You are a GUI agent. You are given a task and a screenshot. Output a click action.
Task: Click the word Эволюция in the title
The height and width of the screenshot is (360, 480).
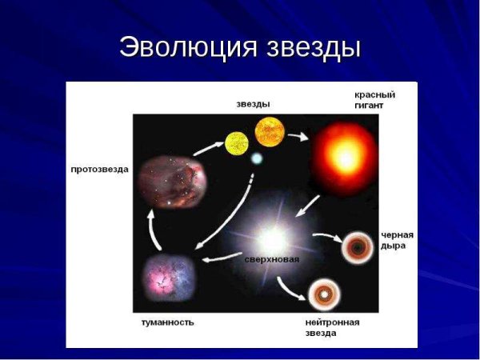[x=186, y=46]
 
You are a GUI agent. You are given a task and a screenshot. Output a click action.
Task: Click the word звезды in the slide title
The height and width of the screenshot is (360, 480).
[x=313, y=46]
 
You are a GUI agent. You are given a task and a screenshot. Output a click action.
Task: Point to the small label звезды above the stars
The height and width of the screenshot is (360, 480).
[x=253, y=103]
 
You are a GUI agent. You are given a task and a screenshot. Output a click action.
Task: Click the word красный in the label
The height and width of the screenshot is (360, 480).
[x=374, y=94]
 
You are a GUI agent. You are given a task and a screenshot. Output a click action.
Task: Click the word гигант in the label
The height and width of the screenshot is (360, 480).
[x=370, y=106]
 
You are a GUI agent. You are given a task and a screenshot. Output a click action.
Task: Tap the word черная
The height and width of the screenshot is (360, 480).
[x=398, y=234]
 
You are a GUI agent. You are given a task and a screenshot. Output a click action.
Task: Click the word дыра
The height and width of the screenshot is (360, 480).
[x=393, y=246]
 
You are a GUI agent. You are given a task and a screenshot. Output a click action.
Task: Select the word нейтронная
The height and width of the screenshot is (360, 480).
[x=332, y=322]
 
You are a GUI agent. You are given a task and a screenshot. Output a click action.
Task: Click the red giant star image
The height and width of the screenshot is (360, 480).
[x=344, y=156]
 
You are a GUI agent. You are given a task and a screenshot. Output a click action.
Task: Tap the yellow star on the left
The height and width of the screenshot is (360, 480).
[x=237, y=142]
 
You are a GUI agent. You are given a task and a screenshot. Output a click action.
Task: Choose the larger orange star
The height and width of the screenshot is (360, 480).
[x=270, y=130]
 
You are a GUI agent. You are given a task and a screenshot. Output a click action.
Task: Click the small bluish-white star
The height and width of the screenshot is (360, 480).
[x=256, y=159]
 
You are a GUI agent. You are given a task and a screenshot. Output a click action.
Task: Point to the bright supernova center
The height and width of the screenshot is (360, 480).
[x=271, y=238]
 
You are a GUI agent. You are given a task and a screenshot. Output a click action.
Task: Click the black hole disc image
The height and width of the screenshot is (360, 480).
[x=357, y=248]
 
